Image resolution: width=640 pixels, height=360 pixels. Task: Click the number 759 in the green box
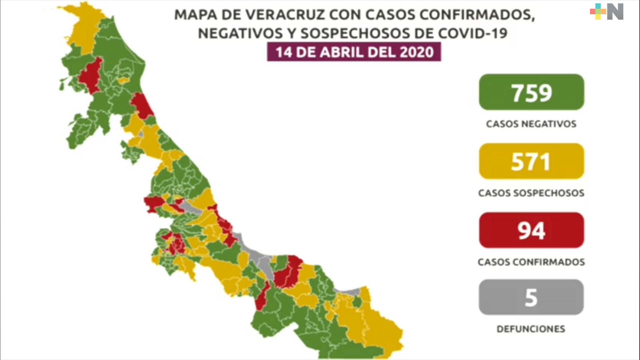(531, 93)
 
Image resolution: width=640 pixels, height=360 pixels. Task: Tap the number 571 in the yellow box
(531, 162)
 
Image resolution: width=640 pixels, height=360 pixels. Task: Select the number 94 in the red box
(531, 231)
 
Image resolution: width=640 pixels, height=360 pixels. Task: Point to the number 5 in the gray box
(531, 298)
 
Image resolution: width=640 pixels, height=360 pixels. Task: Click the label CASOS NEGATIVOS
(531, 124)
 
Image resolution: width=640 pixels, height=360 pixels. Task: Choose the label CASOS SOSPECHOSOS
(531, 193)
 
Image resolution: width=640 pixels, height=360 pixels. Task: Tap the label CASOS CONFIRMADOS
(531, 262)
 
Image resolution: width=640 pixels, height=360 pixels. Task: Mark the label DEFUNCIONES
(531, 329)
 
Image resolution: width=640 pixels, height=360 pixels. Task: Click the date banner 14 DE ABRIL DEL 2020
(354, 52)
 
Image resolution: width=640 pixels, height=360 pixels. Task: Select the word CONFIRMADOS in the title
(477, 15)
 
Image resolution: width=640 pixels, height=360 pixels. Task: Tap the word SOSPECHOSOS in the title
(355, 33)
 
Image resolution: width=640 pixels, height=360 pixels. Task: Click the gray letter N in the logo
(615, 12)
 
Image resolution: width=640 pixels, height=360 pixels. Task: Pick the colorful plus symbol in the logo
(598, 12)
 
